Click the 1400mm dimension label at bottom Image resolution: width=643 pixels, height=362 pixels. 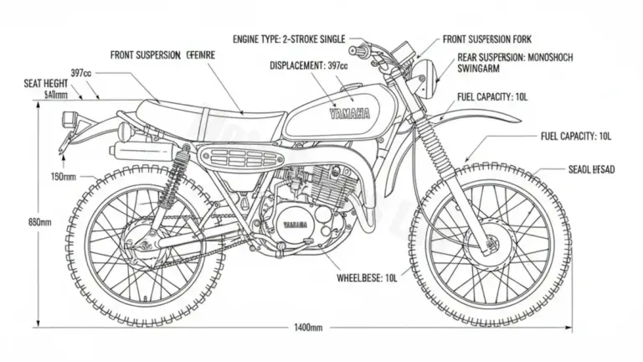[307, 327]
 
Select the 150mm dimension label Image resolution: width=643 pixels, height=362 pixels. [63, 177]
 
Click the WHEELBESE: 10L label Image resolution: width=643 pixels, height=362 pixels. [367, 277]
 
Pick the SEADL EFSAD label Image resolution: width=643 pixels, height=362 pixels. [591, 169]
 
